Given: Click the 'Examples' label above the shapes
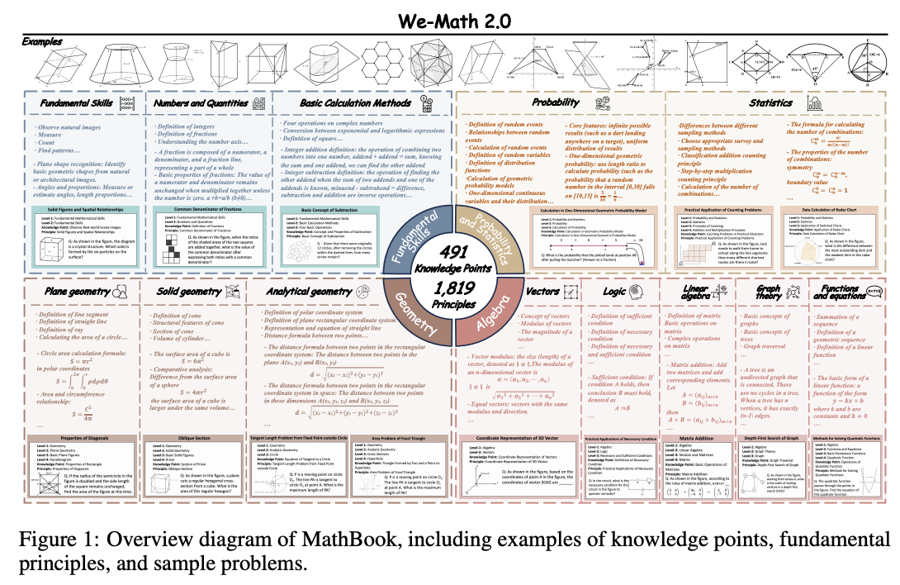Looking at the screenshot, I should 41,40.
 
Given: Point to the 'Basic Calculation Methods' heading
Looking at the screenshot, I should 342,103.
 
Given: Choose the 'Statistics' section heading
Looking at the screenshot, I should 771,103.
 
